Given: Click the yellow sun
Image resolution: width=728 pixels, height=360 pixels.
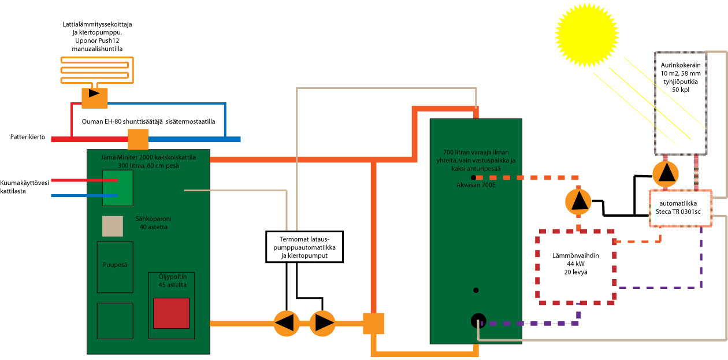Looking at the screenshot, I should tap(586, 35).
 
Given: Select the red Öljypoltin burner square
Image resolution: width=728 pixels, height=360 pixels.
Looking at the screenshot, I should tap(171, 313).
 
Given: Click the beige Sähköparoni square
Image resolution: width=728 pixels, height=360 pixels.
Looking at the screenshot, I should tap(113, 226).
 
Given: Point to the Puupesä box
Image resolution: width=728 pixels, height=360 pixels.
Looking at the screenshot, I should tap(115, 267).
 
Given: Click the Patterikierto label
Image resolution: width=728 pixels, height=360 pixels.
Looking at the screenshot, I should tap(28, 137).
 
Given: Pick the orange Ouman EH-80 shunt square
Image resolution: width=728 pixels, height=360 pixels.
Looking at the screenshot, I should tap(138, 139).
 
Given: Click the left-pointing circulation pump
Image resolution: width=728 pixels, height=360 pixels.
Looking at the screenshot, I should tap(287, 323).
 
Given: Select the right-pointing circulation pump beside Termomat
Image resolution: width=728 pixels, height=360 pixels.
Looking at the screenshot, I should tap(322, 323).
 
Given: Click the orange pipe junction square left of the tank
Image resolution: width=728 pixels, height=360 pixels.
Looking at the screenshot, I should tap(374, 323).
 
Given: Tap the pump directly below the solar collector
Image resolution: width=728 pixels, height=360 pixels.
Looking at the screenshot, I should tap(666, 173).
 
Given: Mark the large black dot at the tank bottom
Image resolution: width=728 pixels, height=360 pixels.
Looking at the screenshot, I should tap(478, 321).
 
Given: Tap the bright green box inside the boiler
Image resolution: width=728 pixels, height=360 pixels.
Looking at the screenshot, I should tap(117, 188).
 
